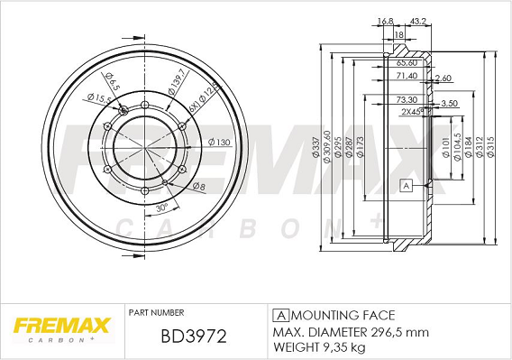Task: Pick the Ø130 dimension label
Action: tap(219, 142)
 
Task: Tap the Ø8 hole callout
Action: tap(198, 186)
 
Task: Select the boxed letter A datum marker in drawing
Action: tap(406, 186)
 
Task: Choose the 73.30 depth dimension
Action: tap(407, 99)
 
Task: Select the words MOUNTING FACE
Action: tap(343, 315)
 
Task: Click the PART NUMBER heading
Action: tap(158, 312)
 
